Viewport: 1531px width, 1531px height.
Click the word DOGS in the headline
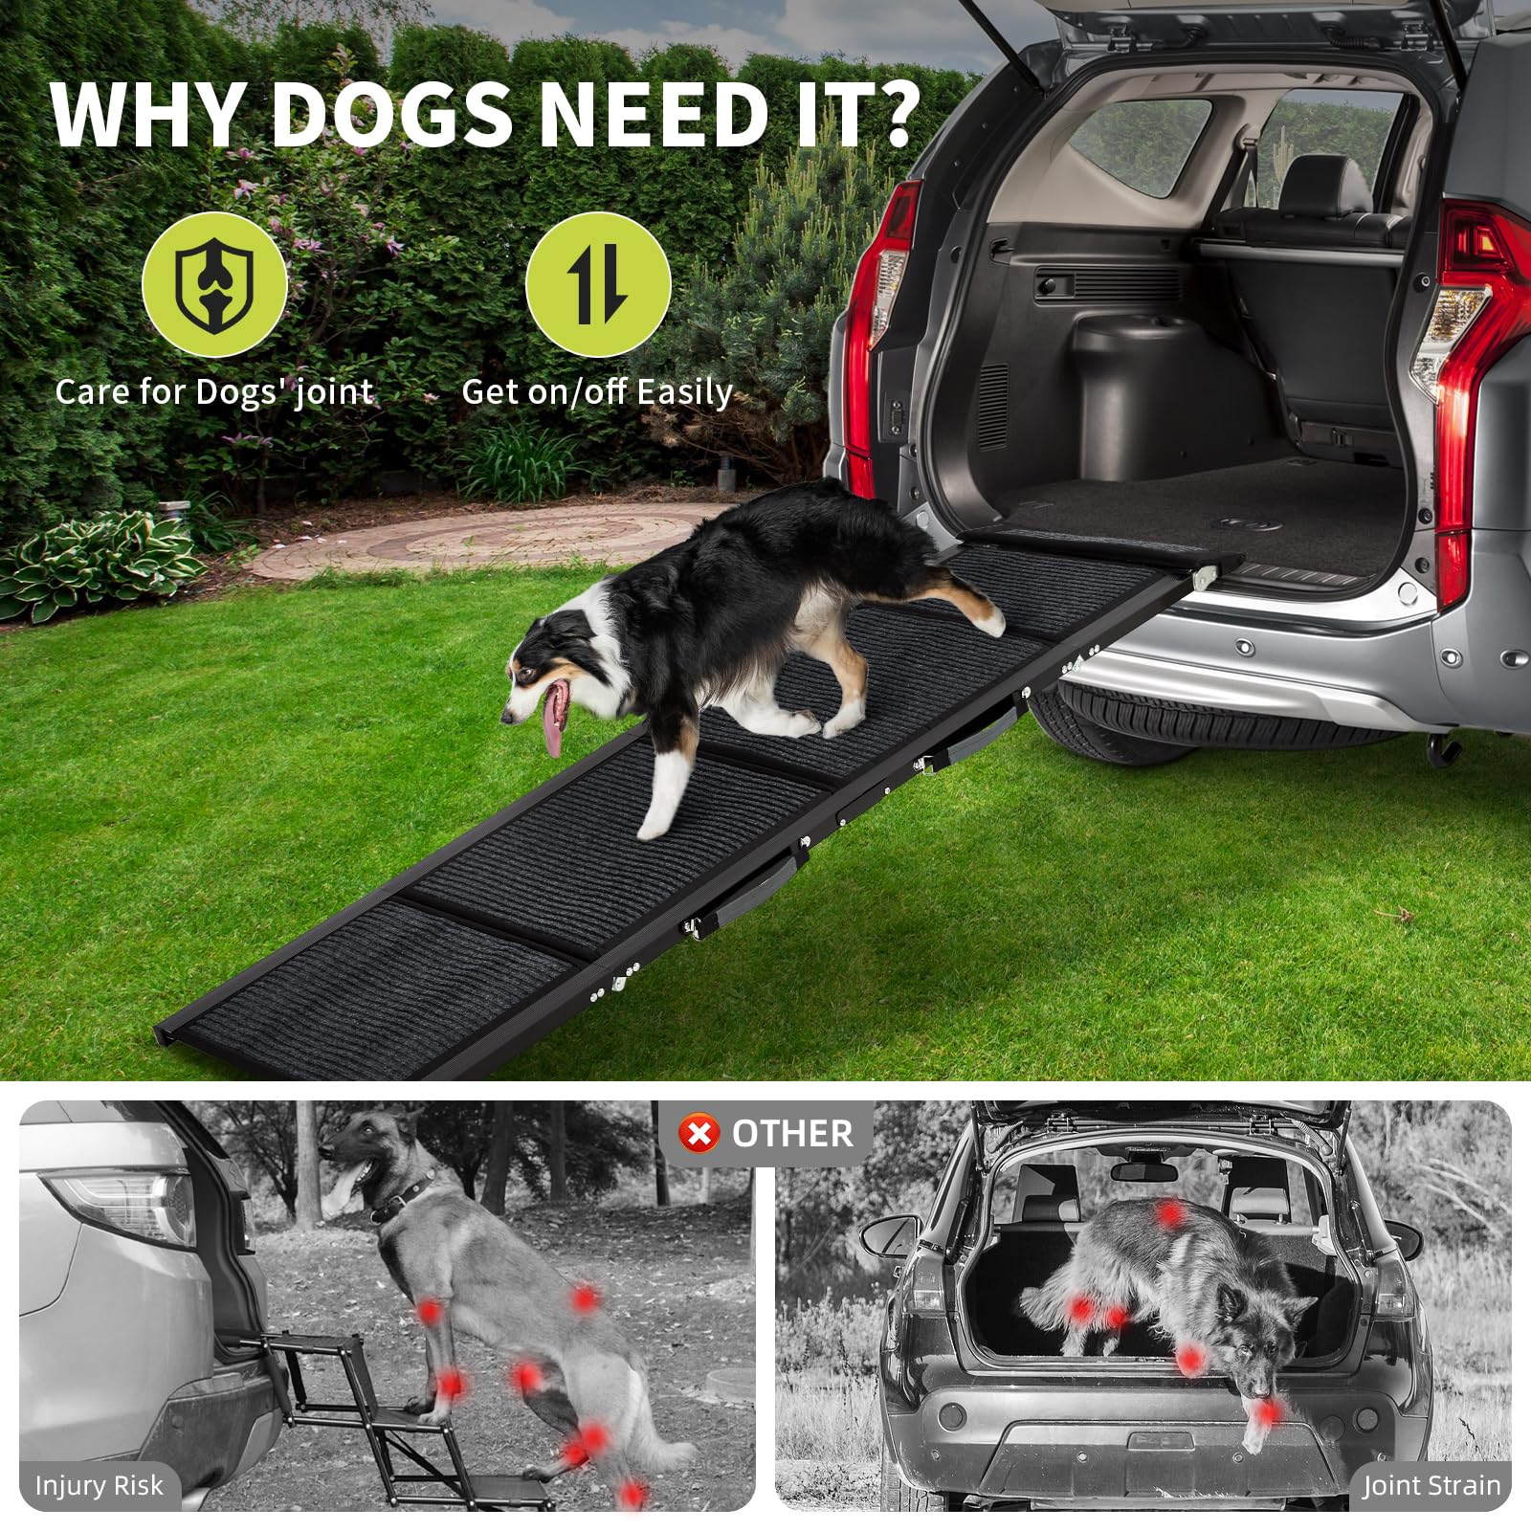tap(393, 115)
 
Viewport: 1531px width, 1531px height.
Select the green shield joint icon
tap(214, 284)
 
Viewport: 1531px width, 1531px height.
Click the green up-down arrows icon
tap(598, 284)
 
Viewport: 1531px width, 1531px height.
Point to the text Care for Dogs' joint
tap(213, 392)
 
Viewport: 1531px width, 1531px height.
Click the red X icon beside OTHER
tap(699, 1134)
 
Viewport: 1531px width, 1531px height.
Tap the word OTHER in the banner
tap(791, 1134)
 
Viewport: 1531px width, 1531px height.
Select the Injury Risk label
tap(99, 1485)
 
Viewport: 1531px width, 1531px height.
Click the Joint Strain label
tap(1431, 1485)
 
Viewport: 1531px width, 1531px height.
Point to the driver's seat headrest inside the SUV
tap(1325, 182)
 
